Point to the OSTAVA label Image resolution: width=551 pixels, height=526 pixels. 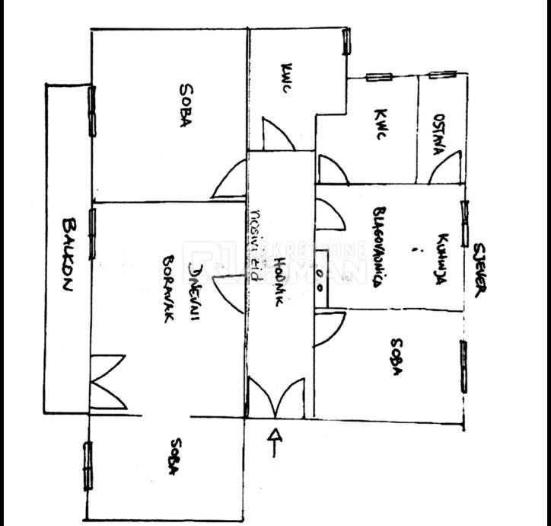[x=439, y=135]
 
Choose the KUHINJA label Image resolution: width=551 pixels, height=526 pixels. [x=441, y=259]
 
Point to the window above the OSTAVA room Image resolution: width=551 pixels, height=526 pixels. [x=441, y=75]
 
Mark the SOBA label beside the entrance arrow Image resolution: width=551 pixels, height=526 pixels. [x=174, y=457]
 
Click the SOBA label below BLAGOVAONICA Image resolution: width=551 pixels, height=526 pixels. [x=396, y=357]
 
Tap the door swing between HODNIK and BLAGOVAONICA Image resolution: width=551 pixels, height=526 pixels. [x=330, y=216]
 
